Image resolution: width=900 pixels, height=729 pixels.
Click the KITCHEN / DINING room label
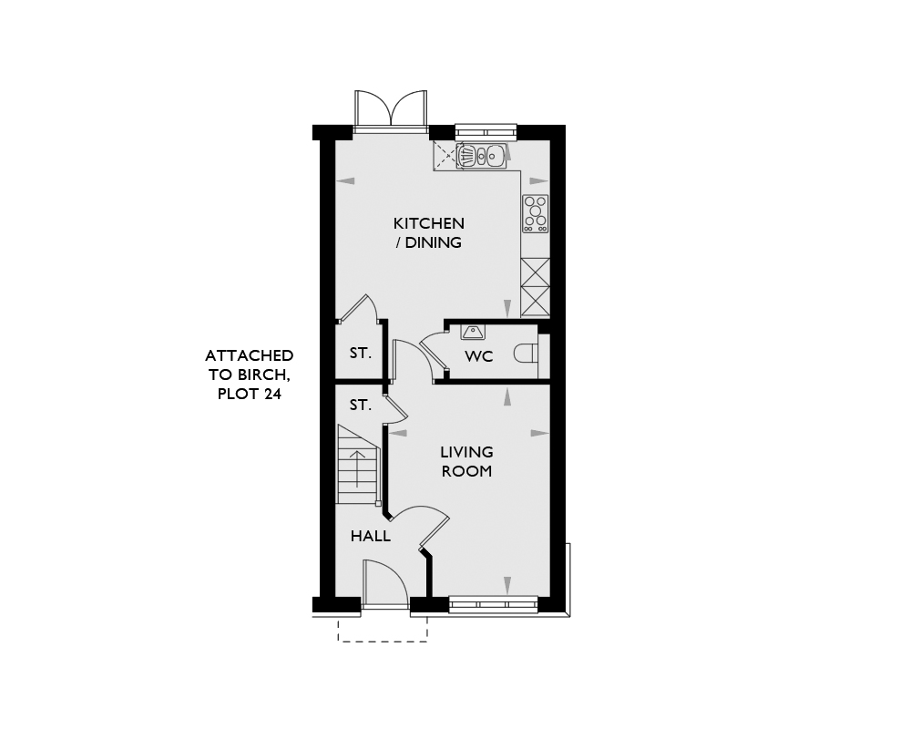[x=429, y=232]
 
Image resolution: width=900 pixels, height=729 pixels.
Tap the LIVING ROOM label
[x=466, y=461]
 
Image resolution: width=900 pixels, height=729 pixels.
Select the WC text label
[x=479, y=356]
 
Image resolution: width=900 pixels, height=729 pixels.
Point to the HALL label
[x=371, y=537]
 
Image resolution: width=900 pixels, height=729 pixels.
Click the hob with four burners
[x=535, y=213]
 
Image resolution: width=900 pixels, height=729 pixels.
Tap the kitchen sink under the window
[x=482, y=155]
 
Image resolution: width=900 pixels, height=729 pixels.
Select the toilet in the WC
[x=526, y=353]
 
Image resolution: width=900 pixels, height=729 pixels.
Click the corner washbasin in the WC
[x=473, y=331]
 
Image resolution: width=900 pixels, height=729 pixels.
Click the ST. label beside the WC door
[x=361, y=353]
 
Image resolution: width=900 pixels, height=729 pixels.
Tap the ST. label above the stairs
[x=361, y=406]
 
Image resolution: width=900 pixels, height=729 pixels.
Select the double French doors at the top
[x=391, y=109]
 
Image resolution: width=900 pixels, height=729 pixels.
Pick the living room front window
[x=493, y=604]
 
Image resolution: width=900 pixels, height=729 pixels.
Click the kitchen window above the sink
[x=486, y=133]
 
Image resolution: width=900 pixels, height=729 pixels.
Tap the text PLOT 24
[x=249, y=395]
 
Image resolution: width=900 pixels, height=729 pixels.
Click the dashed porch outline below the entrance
[x=383, y=630]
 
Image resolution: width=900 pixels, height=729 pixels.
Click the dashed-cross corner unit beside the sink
[x=445, y=156]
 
